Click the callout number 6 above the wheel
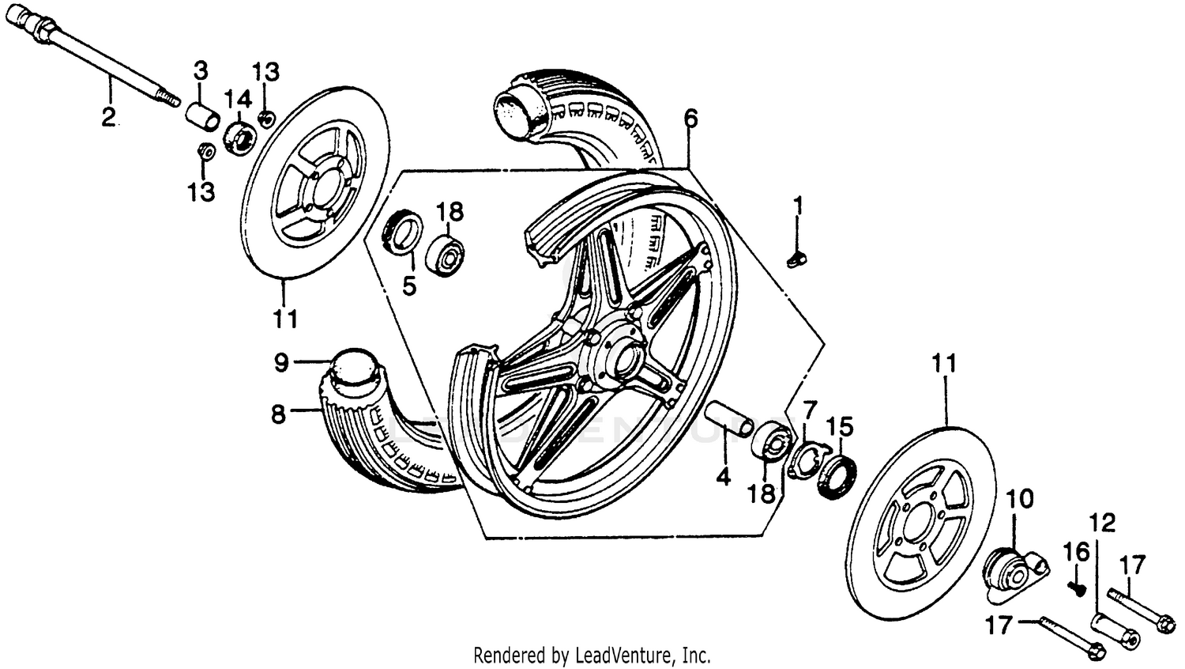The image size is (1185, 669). (690, 119)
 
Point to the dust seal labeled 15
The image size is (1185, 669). (837, 474)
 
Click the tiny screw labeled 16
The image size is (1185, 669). (1074, 587)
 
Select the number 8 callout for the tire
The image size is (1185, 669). (278, 413)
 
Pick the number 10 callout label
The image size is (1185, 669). (1020, 499)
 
